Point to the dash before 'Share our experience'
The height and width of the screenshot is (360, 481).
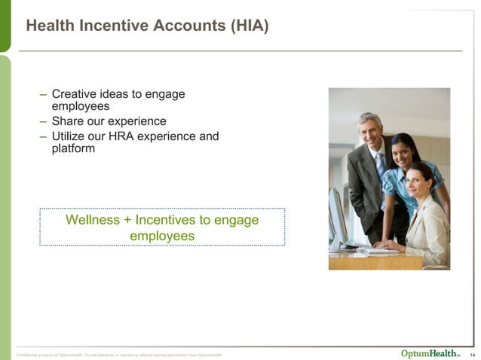44,121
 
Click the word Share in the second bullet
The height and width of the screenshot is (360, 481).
68,121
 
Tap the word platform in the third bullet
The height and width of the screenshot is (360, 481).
73,148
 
